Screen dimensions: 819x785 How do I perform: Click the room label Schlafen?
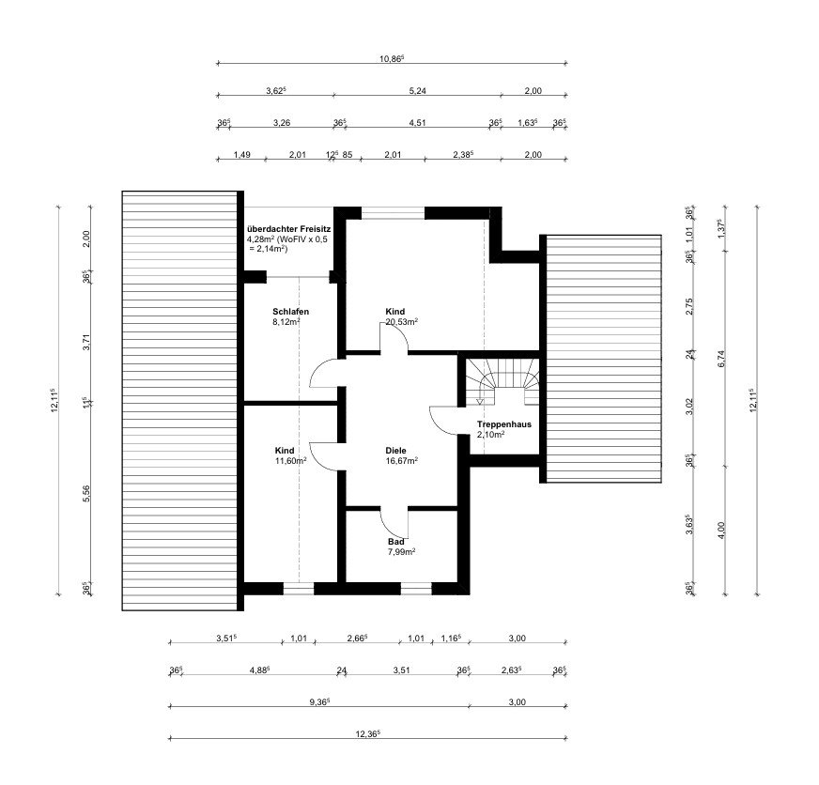290,312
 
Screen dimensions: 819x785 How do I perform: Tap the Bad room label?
396,542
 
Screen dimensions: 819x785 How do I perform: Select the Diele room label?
395,451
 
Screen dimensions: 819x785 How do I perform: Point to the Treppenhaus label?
504,424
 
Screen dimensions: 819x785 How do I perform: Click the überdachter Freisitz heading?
288,229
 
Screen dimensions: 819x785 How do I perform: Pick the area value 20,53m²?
402,322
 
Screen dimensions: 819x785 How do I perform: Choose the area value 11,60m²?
290,461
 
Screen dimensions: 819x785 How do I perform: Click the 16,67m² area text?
402,461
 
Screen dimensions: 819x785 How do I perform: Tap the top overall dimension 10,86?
392,58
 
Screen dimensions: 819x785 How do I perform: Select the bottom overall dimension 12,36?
368,733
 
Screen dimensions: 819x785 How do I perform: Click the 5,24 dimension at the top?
417,91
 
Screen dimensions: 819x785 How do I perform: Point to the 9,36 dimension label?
319,702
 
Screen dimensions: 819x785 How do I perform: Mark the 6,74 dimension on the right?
722,359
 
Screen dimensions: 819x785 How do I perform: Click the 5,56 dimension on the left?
86,494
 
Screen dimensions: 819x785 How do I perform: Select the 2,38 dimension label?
463,155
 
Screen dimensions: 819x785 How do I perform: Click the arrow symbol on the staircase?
480,401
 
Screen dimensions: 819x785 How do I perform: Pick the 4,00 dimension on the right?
722,531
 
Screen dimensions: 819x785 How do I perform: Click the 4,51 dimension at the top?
417,123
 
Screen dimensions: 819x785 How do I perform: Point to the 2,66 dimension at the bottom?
357,639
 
